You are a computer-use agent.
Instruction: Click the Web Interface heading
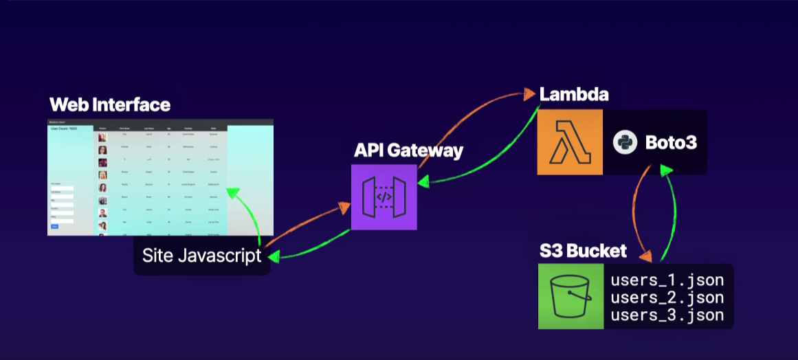click(x=109, y=105)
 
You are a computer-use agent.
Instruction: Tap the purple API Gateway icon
click(x=384, y=196)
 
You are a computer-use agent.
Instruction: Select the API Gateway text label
click(x=408, y=150)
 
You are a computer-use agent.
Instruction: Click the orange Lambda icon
click(x=570, y=142)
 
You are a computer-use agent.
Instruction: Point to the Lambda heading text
click(x=574, y=94)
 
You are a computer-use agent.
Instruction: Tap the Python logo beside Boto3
click(x=623, y=142)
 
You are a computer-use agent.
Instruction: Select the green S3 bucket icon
click(x=570, y=296)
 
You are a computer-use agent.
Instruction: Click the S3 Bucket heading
click(x=583, y=251)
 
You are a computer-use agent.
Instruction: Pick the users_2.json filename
click(x=667, y=297)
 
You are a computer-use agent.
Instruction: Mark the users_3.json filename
click(x=667, y=315)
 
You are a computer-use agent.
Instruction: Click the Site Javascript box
click(x=201, y=256)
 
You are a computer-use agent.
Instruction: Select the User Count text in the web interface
click(x=63, y=128)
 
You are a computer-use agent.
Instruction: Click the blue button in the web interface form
click(x=54, y=226)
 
